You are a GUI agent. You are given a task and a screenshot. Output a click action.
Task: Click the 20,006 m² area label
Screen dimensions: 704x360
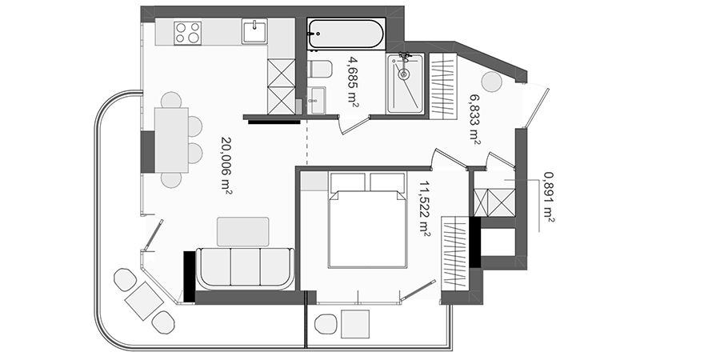[x=226, y=165]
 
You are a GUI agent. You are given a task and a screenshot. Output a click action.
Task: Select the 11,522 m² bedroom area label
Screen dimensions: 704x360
[x=424, y=208]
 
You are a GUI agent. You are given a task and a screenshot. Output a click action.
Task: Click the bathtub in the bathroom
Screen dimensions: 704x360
[x=346, y=34]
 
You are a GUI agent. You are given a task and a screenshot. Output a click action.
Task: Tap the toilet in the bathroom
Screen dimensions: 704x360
[x=320, y=69]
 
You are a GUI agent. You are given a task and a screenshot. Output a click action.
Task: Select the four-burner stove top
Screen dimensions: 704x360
[x=188, y=33]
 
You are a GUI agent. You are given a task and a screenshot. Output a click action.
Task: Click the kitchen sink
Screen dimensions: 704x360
[x=254, y=31]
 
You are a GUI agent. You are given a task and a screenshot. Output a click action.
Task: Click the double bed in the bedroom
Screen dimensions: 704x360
[x=368, y=220]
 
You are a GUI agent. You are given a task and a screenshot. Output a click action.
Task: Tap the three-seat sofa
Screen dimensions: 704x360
[x=245, y=269]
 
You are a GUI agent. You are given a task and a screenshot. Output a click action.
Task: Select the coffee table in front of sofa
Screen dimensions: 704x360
[x=243, y=232]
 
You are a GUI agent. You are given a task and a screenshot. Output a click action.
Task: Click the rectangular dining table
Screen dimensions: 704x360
[x=171, y=140]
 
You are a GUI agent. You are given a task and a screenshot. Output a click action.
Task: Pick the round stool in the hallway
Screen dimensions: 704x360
[x=491, y=82]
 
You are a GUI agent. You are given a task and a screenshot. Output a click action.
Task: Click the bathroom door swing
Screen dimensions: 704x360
[x=354, y=124]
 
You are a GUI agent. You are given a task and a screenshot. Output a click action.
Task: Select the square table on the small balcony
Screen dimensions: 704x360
[x=355, y=324]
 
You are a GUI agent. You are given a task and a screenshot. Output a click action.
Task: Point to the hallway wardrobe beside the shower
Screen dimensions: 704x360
[x=442, y=86]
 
